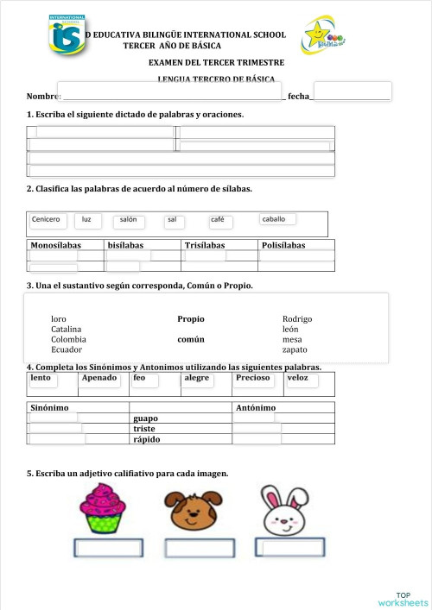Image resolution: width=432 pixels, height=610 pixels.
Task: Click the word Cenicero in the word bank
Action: tap(46, 220)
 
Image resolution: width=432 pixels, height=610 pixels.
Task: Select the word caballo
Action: tap(274, 219)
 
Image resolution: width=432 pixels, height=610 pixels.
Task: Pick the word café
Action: tap(217, 220)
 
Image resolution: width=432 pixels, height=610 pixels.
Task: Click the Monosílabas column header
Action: tap(55, 246)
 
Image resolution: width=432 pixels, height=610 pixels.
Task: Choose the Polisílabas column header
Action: tap(283, 246)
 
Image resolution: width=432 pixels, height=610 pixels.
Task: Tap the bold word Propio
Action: tap(191, 319)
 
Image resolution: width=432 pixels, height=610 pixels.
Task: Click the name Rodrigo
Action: tap(297, 319)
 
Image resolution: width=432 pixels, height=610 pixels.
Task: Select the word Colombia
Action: tap(68, 340)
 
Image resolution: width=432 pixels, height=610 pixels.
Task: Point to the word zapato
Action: tap(295, 350)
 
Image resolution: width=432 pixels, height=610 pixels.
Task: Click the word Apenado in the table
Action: tap(99, 378)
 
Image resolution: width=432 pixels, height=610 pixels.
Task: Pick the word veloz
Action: tap(297, 378)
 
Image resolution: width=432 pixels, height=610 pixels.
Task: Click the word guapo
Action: tap(145, 418)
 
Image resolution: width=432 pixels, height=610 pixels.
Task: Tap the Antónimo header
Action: tap(256, 407)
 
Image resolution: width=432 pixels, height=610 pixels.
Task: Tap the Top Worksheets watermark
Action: tap(402, 599)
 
